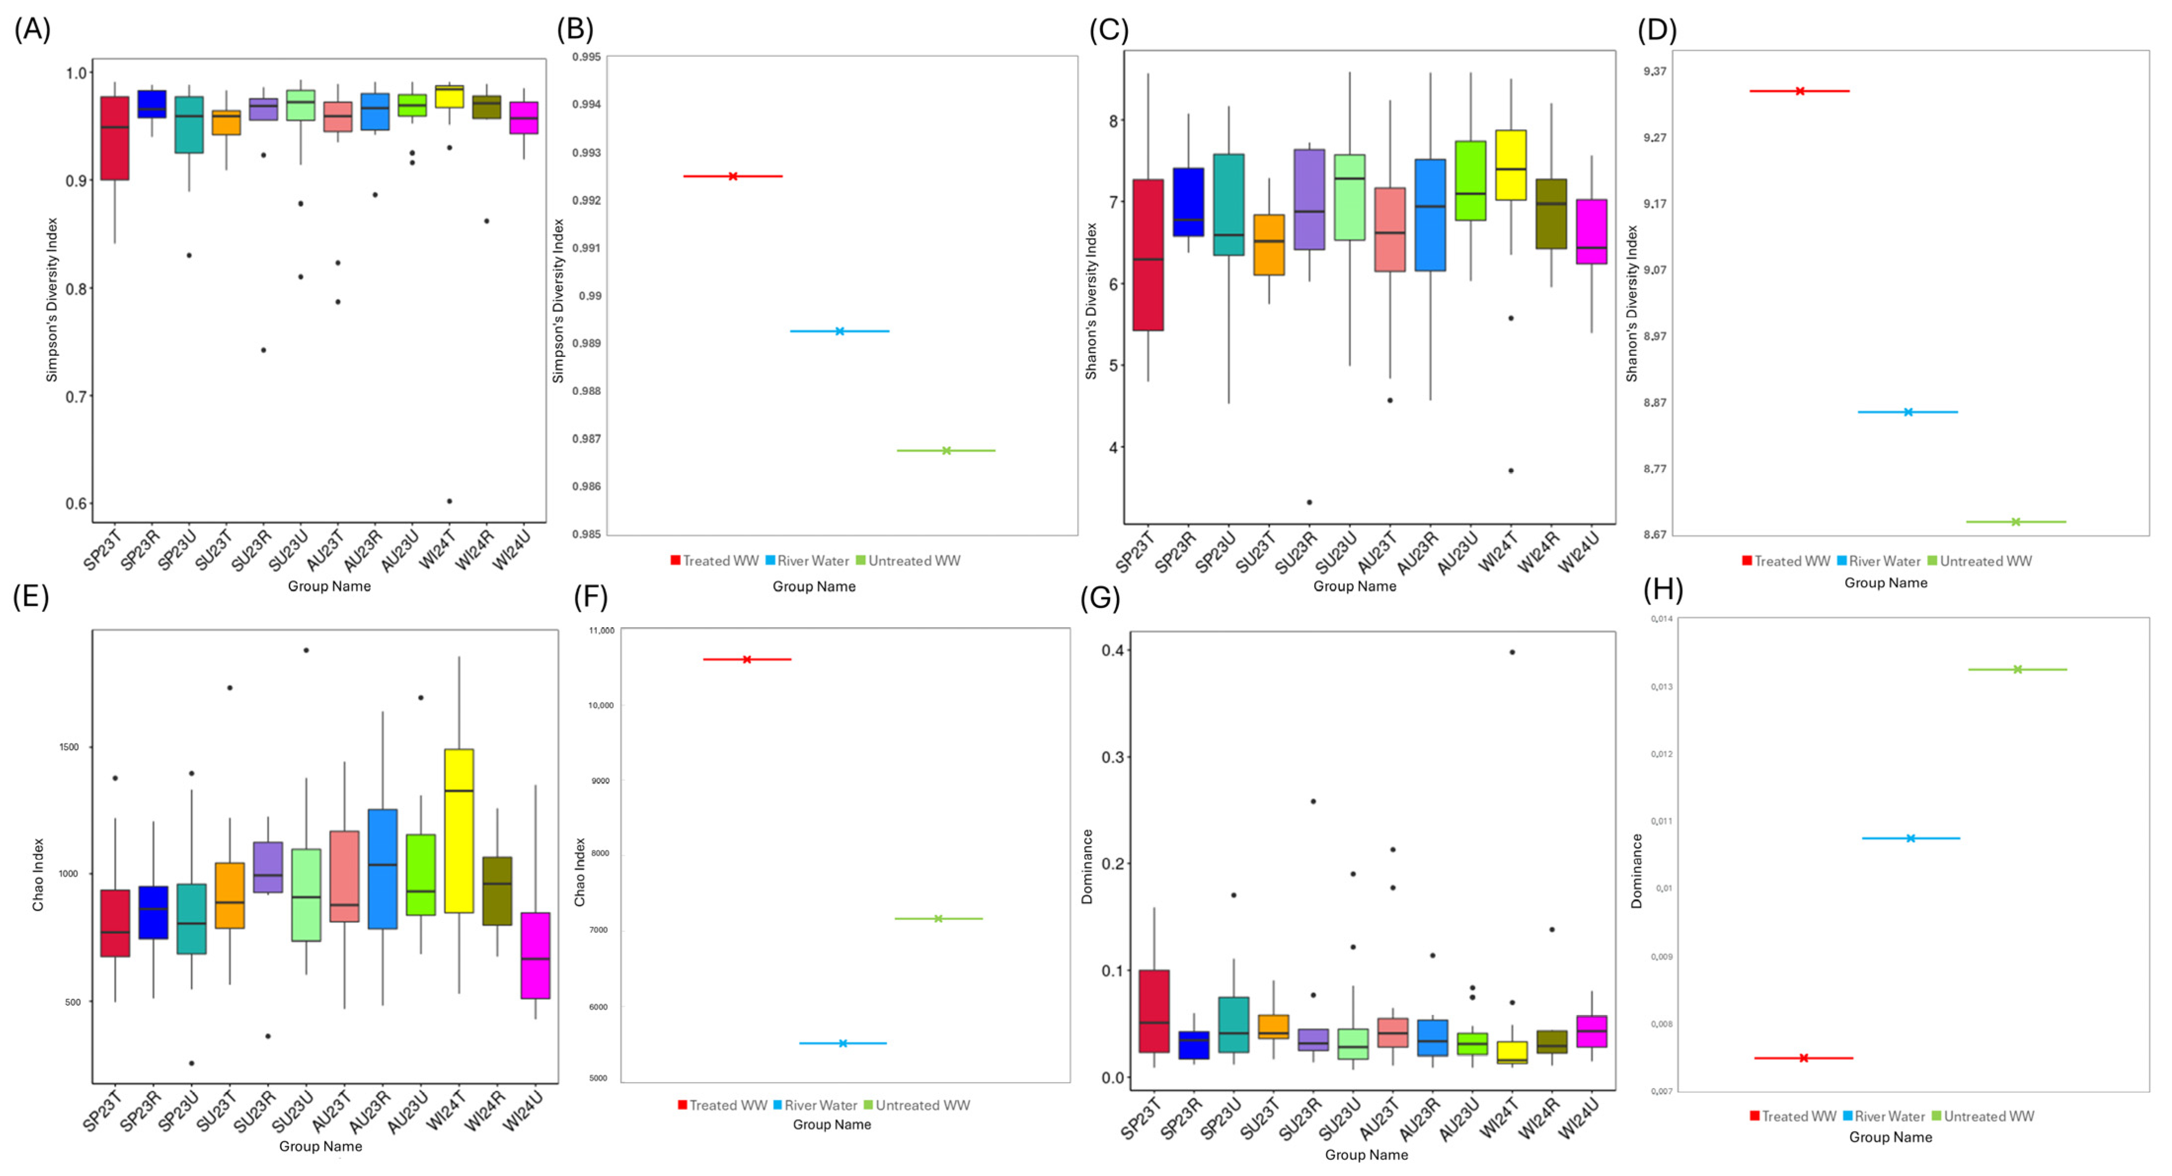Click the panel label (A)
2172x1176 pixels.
(32, 30)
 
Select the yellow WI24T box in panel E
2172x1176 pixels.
(459, 831)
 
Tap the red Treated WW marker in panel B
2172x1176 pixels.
(733, 176)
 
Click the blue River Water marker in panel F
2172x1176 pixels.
(842, 1044)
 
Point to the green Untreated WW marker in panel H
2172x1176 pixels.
(2017, 669)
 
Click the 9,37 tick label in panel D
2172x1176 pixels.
(1654, 72)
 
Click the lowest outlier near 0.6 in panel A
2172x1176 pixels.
(449, 501)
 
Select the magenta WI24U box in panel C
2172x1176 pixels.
(1592, 232)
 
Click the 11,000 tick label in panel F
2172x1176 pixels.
(601, 631)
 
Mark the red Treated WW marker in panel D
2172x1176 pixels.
(1799, 91)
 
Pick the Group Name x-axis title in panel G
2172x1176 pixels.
(1366, 1155)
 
